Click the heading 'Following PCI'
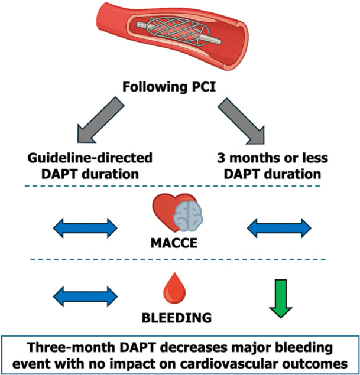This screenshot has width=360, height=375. (x=169, y=87)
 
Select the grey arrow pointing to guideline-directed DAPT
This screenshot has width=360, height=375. (x=100, y=120)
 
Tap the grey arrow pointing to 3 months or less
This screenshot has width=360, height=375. (x=241, y=121)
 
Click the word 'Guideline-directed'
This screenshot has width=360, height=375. (x=90, y=158)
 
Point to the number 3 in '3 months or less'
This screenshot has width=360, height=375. (x=220, y=158)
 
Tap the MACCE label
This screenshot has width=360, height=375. (x=174, y=243)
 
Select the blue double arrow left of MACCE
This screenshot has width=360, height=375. (x=85, y=228)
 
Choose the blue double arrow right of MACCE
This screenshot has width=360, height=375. (x=279, y=228)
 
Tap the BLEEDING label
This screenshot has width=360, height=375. (x=177, y=318)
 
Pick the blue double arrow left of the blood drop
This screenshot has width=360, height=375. (x=85, y=296)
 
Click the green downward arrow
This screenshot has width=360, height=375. (x=281, y=299)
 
